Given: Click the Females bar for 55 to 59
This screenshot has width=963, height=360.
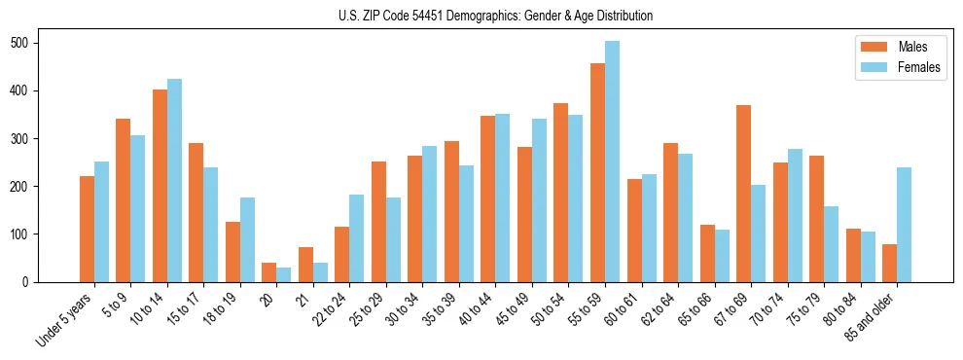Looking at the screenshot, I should click(612, 162).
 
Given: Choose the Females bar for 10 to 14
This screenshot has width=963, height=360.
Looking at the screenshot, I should click(174, 181).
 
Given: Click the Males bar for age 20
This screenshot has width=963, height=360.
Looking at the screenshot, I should click(269, 272).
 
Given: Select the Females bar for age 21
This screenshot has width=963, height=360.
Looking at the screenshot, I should click(320, 272).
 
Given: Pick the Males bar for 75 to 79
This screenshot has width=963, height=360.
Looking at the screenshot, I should click(816, 219).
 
